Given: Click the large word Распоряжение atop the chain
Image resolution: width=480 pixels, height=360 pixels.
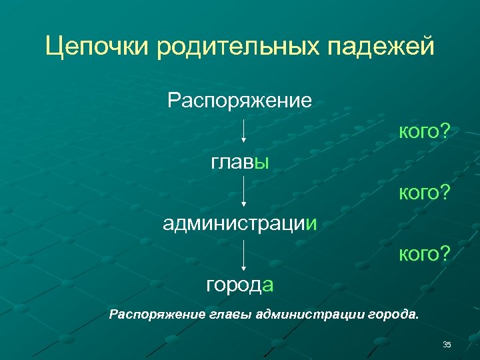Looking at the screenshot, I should [239, 101].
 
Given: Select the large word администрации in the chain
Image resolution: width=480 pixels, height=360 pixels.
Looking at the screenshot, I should [239, 223].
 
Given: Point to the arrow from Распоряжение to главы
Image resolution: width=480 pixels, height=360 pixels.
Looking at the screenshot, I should [244, 131].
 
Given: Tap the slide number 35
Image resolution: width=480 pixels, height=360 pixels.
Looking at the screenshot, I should [447, 344].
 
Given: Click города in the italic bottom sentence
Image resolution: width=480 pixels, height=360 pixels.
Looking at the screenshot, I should [393, 313].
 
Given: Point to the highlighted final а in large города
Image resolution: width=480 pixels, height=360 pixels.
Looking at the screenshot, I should [268, 285].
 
